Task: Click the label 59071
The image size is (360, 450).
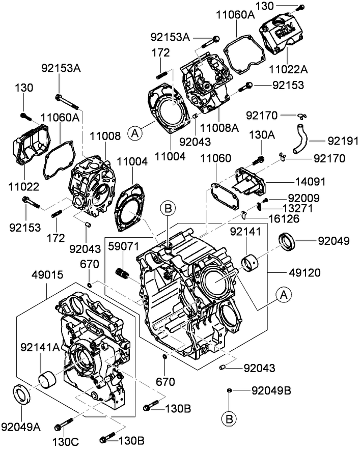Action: (x=123, y=247)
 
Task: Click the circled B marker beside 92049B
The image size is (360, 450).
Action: (x=229, y=418)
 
